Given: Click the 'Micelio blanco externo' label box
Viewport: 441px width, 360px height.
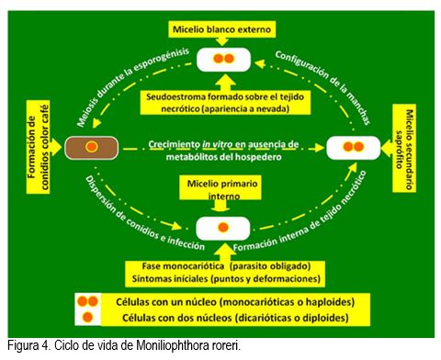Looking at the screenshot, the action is [x=221, y=29].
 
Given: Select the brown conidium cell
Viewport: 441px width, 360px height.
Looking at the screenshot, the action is [x=91, y=148].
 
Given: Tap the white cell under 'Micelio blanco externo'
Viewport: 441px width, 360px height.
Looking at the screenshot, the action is [x=223, y=60].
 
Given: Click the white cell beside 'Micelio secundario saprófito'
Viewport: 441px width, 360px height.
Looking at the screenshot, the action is [x=354, y=148].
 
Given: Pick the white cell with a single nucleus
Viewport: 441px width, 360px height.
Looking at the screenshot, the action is [x=223, y=229].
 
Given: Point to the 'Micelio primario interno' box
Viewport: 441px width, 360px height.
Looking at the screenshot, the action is [x=220, y=187].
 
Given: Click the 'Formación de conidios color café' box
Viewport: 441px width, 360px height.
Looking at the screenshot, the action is [x=39, y=147].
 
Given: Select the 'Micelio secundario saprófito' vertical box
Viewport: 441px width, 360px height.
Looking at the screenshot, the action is [x=404, y=148].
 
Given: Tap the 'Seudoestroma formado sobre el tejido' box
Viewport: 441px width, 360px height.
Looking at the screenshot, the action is [x=225, y=103].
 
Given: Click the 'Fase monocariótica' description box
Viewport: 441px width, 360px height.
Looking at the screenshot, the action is [x=225, y=274].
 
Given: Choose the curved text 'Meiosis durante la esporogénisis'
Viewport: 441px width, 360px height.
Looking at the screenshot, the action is [x=131, y=84].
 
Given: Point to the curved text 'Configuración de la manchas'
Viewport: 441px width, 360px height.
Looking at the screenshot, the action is [x=323, y=86].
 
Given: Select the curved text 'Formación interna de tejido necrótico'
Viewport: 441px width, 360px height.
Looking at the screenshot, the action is [x=301, y=214].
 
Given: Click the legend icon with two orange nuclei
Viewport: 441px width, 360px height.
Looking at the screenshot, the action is [x=87, y=301].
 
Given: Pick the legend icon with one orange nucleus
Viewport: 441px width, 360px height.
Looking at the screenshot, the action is [x=87, y=317].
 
